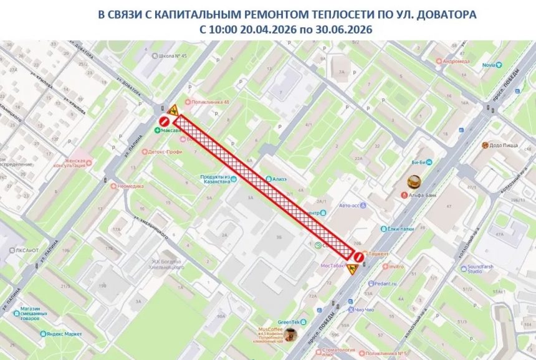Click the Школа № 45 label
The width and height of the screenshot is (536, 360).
(172, 55)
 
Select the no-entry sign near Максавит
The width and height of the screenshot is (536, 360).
(164, 120)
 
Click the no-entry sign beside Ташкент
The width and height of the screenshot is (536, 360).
(358, 256)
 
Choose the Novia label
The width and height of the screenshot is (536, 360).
(488, 65)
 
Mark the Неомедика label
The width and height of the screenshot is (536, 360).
(131, 186)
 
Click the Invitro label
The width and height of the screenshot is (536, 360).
(395, 267)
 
